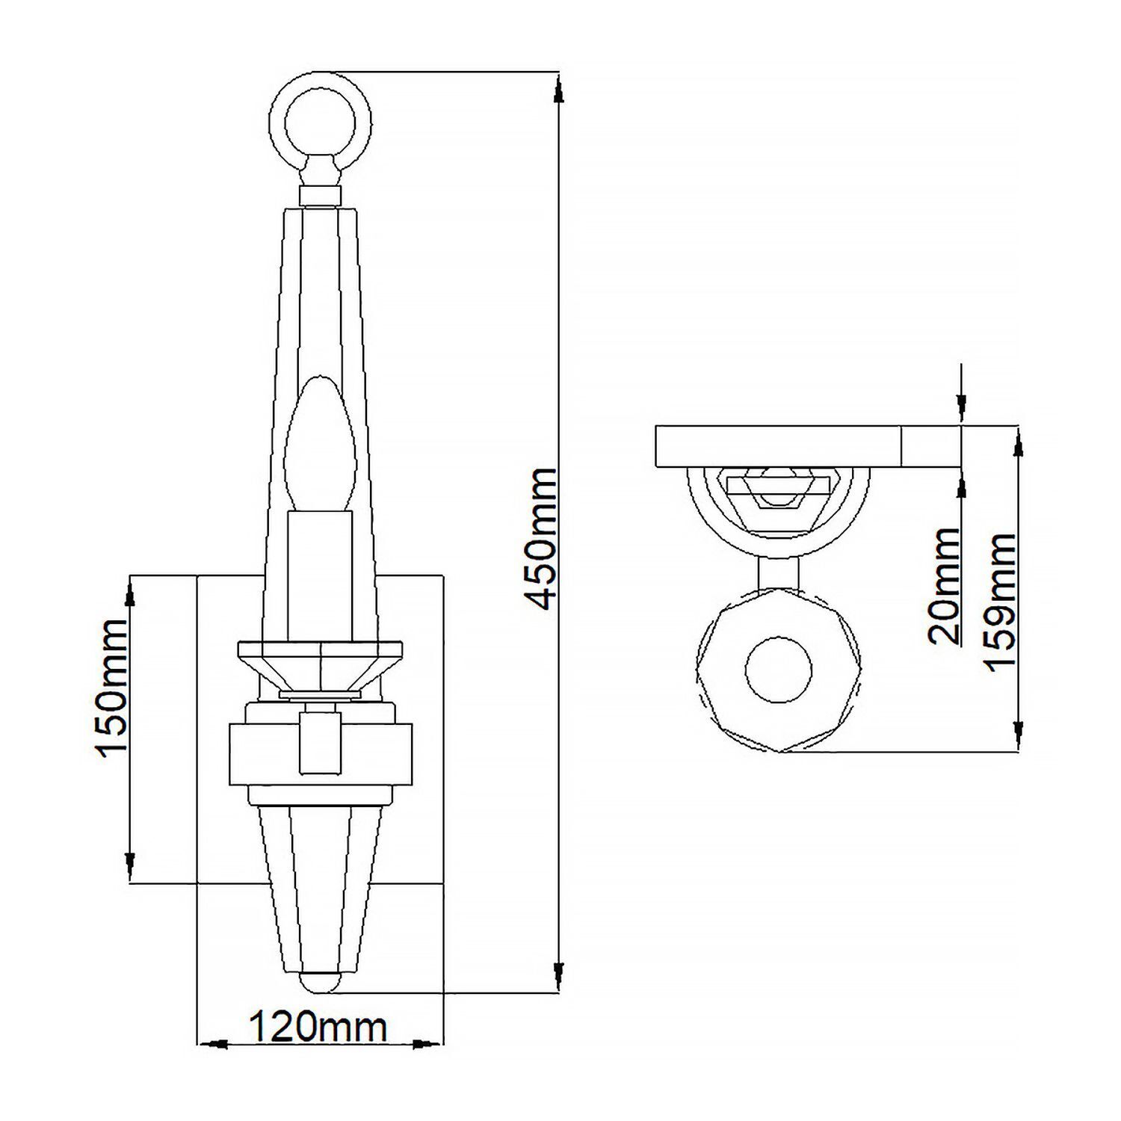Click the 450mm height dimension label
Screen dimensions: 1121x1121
click(540, 537)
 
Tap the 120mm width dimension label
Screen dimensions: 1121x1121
click(318, 1028)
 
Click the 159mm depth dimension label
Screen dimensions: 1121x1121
click(1001, 602)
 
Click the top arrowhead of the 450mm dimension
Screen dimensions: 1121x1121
click(558, 91)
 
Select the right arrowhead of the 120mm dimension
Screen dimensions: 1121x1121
click(425, 1044)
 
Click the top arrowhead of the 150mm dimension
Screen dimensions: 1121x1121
click(131, 595)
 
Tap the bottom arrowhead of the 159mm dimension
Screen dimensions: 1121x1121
click(1017, 731)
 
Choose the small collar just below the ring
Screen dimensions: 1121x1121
click(320, 196)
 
